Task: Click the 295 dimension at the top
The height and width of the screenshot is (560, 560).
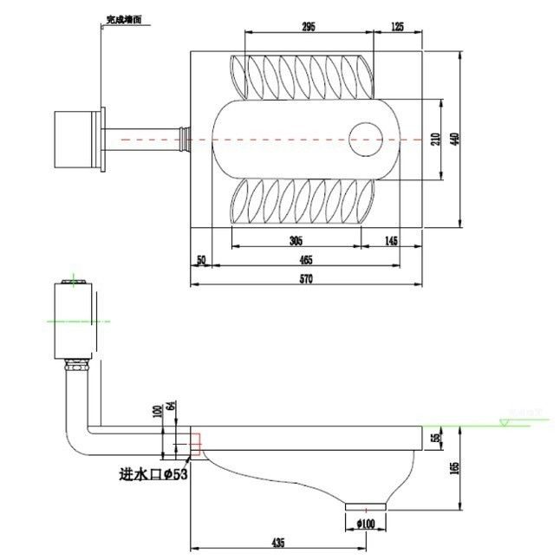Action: point(308,27)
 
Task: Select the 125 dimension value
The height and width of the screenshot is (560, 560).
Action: point(397,27)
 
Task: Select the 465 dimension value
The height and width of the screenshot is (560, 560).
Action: point(306,259)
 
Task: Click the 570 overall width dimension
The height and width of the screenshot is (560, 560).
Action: point(305,278)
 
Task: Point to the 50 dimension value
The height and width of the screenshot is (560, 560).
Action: point(201,259)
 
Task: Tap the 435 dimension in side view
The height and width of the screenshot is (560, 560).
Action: point(277,543)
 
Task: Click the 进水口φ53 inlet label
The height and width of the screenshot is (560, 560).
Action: point(154,474)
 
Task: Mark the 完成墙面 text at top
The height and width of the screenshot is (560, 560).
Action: point(123,17)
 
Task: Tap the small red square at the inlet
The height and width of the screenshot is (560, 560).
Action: point(195,444)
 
